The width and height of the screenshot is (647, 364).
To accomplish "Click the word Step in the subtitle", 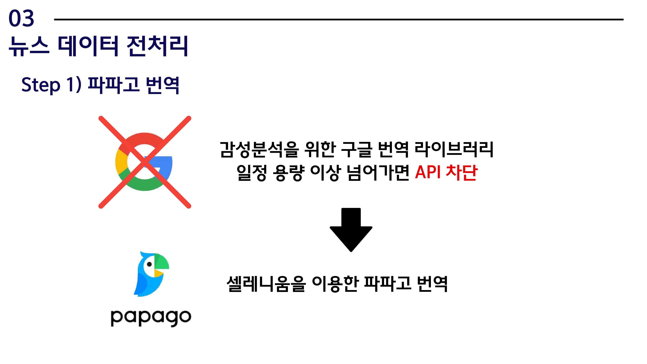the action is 41,85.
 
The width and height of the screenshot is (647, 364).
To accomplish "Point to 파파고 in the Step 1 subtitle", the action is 114,85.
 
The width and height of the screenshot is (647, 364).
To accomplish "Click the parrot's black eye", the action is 149,264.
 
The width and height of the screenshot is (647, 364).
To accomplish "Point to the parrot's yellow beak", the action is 159,272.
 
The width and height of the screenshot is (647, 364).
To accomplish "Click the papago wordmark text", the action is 151,318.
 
